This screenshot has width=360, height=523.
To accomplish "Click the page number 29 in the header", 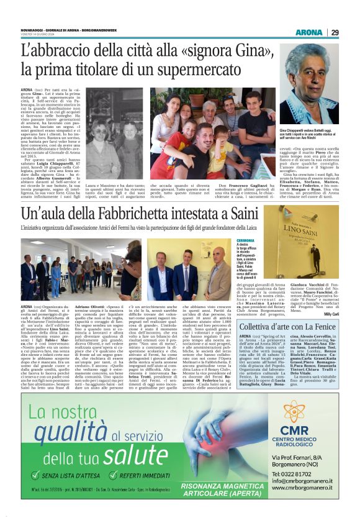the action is tap(335, 32).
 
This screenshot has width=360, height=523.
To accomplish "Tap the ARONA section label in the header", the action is tap(308, 32).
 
